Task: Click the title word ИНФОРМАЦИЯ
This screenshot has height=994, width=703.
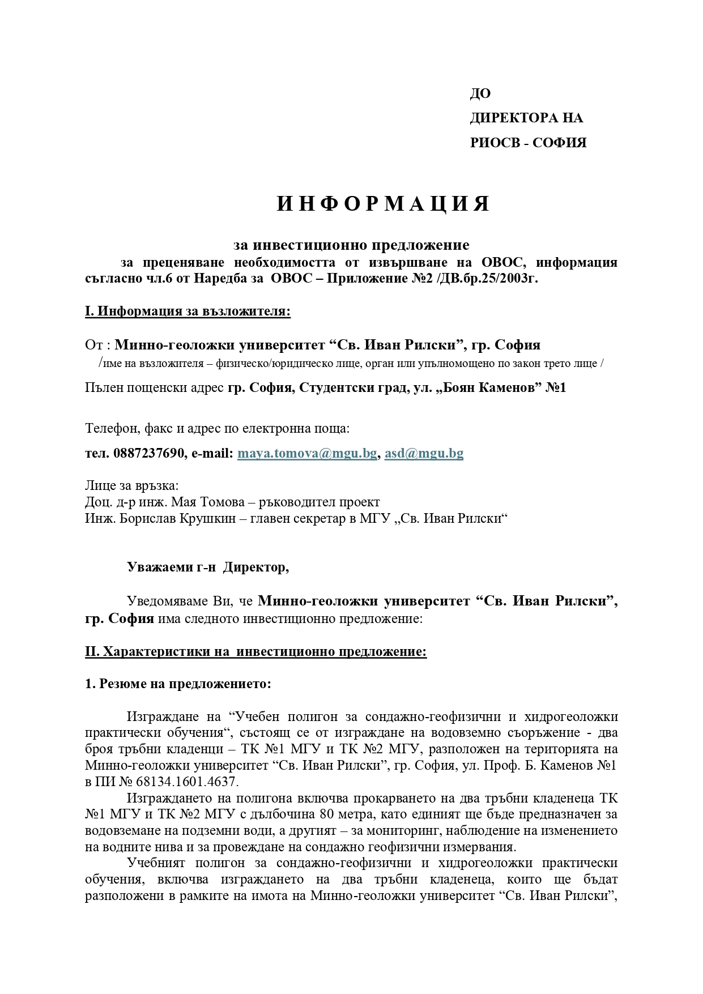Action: (383, 204)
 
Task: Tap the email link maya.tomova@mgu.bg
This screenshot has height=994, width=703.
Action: (306, 453)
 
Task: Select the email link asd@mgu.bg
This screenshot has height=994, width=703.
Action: (424, 453)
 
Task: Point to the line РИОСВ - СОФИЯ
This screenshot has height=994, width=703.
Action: (528, 143)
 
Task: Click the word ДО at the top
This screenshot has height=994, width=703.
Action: (480, 94)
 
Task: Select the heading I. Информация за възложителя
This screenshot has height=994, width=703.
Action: (188, 312)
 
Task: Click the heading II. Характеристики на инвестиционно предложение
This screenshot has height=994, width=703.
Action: (255, 651)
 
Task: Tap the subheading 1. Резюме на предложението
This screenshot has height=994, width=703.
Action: (178, 684)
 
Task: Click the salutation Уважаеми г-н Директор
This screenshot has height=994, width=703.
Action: (207, 568)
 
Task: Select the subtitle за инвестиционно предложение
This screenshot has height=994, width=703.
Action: (351, 245)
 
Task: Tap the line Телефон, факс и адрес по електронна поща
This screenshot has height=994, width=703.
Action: (217, 428)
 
